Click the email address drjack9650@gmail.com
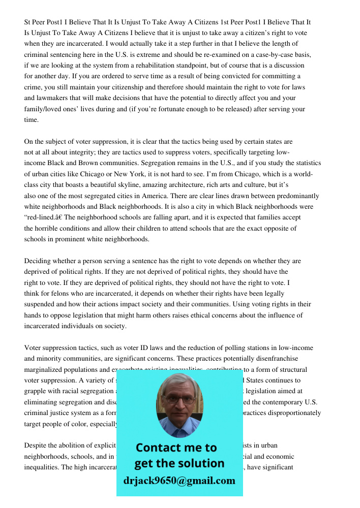(179, 481)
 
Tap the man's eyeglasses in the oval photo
(179, 399)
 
